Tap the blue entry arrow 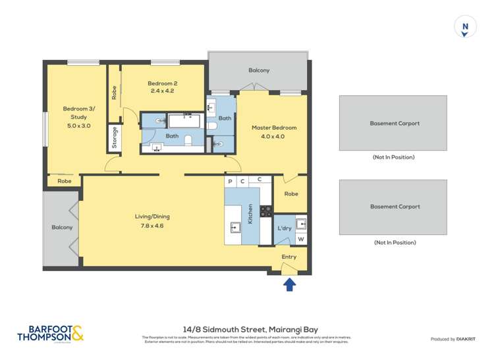coord(289,284)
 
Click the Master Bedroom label coord(274,128)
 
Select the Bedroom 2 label coord(162,84)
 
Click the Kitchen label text coord(250,214)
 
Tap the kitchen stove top coord(266,211)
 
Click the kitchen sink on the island coord(235,228)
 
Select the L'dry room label coord(284,228)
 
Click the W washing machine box coord(300,239)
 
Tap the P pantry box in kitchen coord(231,181)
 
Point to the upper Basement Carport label coord(394,123)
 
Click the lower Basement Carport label coord(394,207)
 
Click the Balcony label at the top coord(259,70)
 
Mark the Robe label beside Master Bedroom coord(291,194)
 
